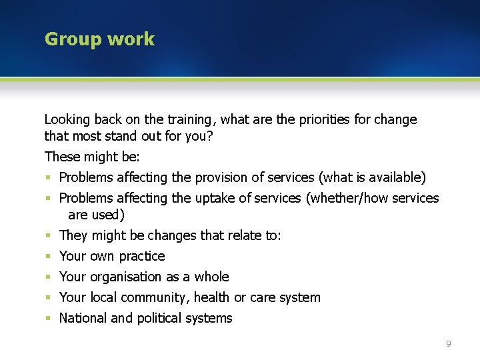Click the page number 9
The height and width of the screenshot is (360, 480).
449,343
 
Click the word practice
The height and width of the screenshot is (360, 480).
142,257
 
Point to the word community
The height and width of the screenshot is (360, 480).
151,297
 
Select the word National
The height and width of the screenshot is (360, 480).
83,318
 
